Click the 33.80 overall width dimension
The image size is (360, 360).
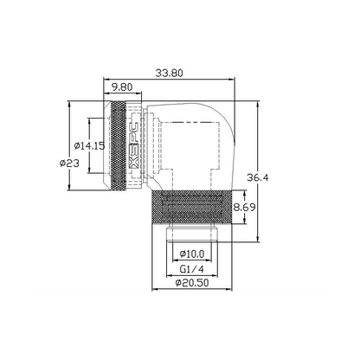(x=170, y=73)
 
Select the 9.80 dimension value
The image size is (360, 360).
(x=122, y=87)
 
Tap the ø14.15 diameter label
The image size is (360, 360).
(x=89, y=146)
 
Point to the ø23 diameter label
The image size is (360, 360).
(x=69, y=164)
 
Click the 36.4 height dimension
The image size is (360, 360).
(x=258, y=177)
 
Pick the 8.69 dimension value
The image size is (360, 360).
(x=245, y=207)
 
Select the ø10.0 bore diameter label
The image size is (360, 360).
(x=192, y=254)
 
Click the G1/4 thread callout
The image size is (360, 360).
(x=192, y=269)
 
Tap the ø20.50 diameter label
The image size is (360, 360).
(x=192, y=283)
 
